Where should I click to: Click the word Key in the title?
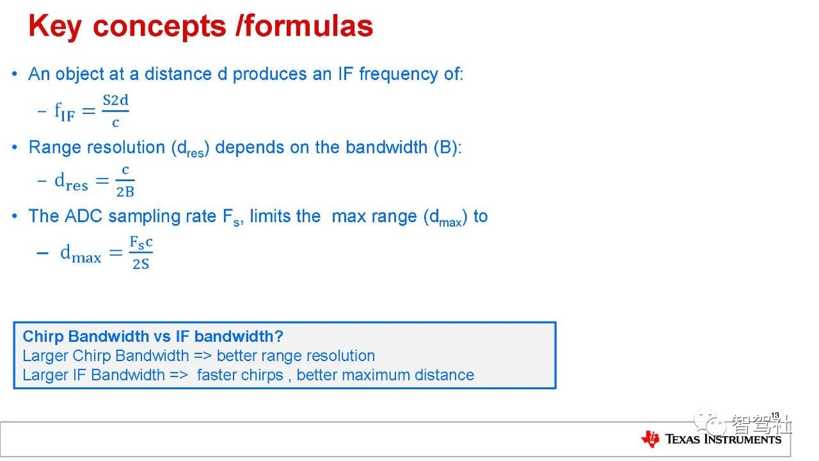point(55,27)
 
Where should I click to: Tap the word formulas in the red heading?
point(309,26)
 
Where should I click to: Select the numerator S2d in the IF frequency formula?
point(116,101)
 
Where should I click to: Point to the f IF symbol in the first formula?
point(65,111)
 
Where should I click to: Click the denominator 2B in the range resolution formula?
point(125,191)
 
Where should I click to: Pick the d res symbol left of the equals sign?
point(71,181)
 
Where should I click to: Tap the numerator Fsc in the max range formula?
point(141,243)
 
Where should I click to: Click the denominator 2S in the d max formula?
point(141,264)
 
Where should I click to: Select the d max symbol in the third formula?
point(81,254)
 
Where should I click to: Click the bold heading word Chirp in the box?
point(43,337)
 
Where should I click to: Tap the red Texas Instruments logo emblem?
point(651,439)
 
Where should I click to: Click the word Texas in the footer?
point(683,439)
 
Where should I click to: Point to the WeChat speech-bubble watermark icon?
point(710,422)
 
